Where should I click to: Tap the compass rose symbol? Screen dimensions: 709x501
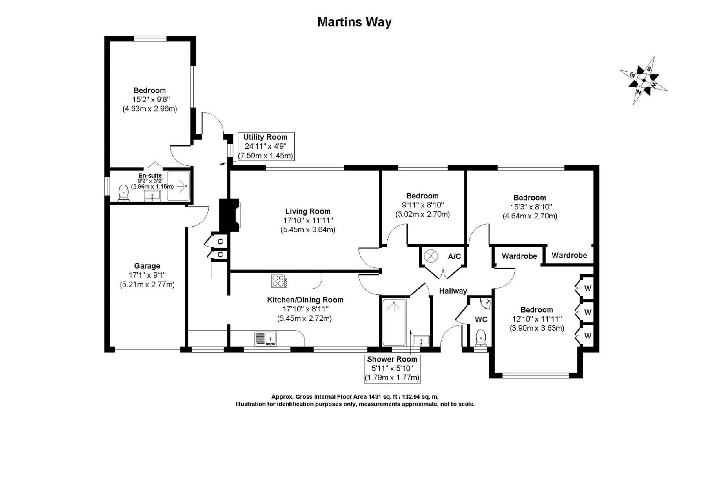click(643, 80)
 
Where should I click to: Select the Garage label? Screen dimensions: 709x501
click(147, 266)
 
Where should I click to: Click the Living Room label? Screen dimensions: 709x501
click(308, 211)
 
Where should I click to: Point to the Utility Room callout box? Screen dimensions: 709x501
click(266, 147)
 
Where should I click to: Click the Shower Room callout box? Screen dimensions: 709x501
click(392, 369)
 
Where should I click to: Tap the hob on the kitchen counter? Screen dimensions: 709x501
click(279, 281)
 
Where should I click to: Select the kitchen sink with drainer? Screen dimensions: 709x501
click(265, 338)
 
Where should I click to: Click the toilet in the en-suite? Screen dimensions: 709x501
click(123, 193)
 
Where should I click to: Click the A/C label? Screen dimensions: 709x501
click(454, 256)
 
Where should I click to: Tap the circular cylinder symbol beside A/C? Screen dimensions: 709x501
click(430, 256)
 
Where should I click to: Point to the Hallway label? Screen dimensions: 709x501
click(453, 291)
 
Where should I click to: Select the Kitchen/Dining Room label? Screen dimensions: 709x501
click(305, 300)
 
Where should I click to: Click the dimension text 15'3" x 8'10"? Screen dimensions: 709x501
click(530, 207)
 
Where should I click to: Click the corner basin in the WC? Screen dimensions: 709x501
click(486, 303)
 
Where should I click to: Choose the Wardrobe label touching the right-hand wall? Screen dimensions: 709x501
click(569, 255)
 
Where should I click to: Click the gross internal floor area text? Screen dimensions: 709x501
click(355, 396)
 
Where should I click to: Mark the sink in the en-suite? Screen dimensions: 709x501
click(153, 196)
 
